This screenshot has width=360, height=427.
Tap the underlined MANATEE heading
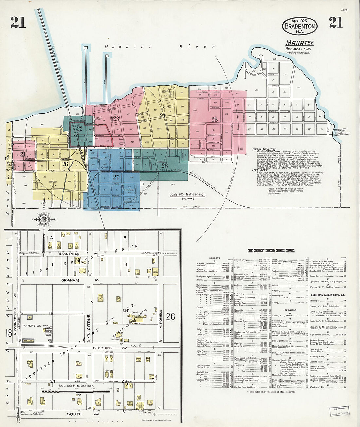[x=300, y=43]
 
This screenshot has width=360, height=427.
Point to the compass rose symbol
[x=43, y=219]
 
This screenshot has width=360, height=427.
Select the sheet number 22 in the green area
[x=80, y=129]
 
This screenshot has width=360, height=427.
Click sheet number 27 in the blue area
[x=116, y=177]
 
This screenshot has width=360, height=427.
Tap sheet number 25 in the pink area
[x=214, y=119]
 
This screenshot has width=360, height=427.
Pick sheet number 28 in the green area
[x=164, y=166]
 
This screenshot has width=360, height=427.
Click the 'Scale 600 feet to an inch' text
[x=187, y=194]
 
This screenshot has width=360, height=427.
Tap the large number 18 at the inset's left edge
[x=9, y=333]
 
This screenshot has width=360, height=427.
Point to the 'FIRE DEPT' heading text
[x=260, y=170]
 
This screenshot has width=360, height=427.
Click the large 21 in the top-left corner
[x=18, y=22]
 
